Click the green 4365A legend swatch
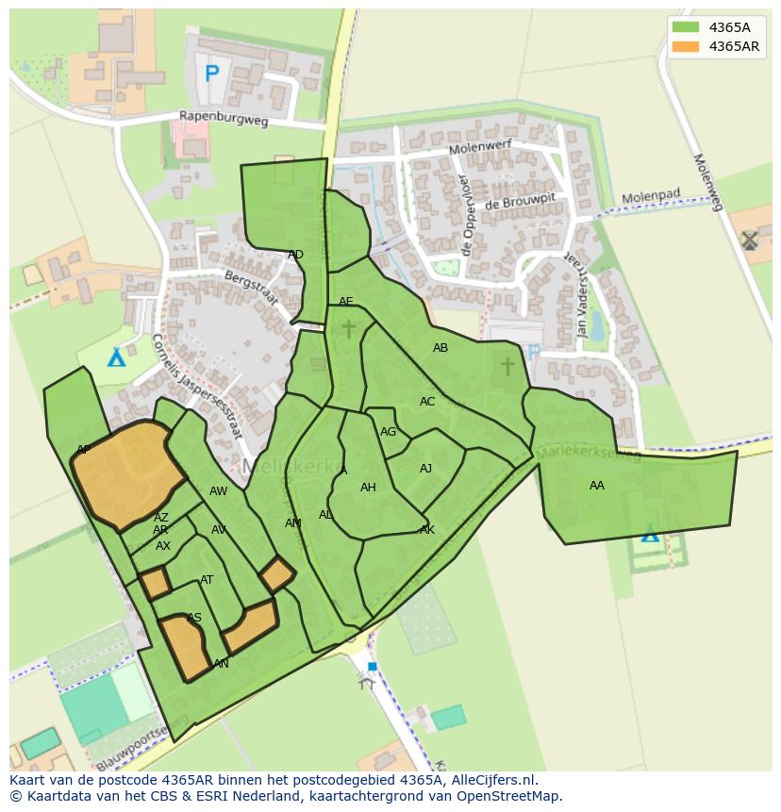tap(687, 27)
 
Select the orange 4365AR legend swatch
tap(687, 46)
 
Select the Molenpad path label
tap(650, 198)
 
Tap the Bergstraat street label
tap(250, 287)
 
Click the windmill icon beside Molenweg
tap(750, 240)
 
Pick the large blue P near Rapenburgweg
tap(211, 73)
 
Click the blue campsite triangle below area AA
tap(650, 535)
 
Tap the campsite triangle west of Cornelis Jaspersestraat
tap(116, 357)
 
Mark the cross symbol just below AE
tap(349, 328)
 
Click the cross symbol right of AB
tap(507, 364)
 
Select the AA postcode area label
tap(596, 486)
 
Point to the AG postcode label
tap(388, 432)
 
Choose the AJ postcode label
tap(425, 469)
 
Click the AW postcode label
tap(218, 491)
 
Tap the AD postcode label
tap(295, 255)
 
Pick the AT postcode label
tap(207, 580)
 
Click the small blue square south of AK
tap(372, 666)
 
